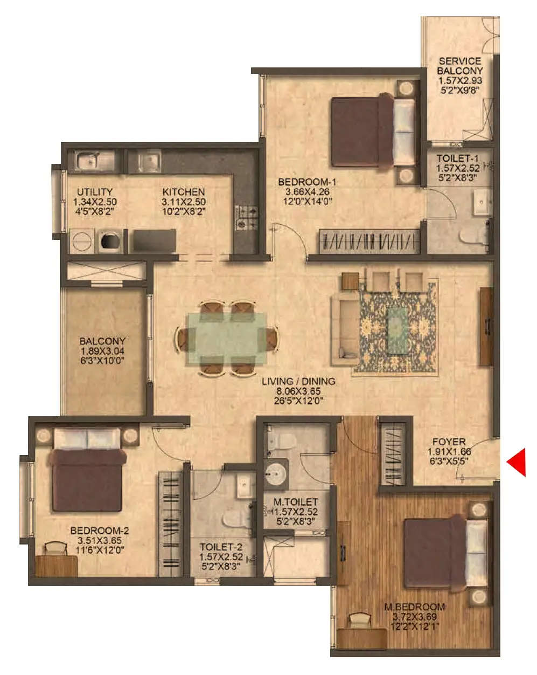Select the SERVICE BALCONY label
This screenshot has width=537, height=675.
[x=459, y=66]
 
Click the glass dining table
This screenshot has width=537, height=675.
[x=227, y=339]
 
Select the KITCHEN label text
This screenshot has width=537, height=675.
[x=184, y=192]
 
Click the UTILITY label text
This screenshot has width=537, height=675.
[x=95, y=192]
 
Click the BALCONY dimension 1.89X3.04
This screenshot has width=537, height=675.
[x=102, y=350]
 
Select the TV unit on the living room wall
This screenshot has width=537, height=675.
[x=486, y=327]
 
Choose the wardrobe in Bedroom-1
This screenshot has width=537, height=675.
[x=369, y=242]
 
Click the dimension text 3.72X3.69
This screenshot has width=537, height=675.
[x=415, y=617]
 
